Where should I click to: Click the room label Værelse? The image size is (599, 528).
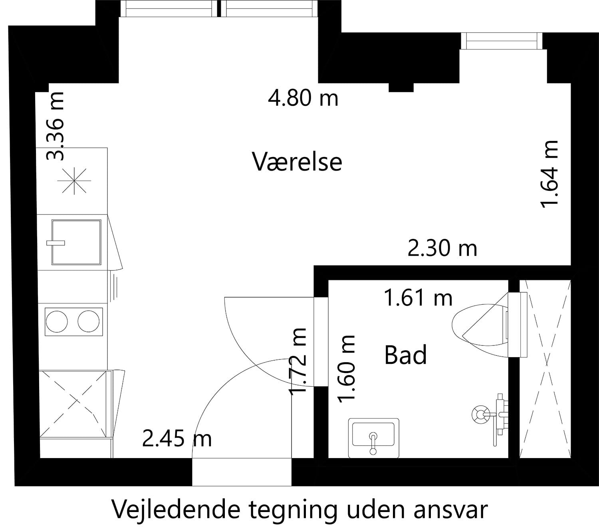[297, 162]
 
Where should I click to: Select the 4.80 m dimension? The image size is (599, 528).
[303, 98]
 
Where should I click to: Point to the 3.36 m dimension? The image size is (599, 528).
[55, 126]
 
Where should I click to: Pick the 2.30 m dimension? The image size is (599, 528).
[442, 248]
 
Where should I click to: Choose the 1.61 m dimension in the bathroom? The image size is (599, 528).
[418, 298]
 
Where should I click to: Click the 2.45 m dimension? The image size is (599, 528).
[177, 439]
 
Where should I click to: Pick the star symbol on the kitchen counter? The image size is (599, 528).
[74, 181]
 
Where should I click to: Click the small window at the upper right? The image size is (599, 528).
[502, 41]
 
